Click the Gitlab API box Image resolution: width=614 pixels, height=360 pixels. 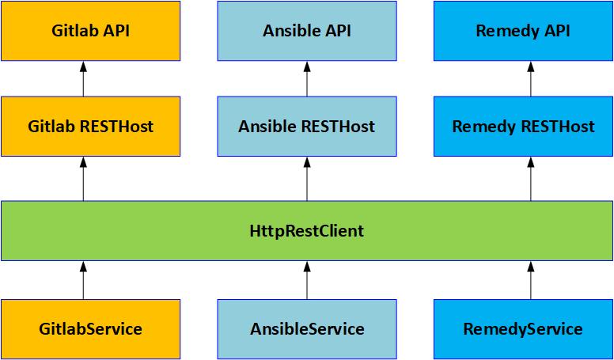pos(90,31)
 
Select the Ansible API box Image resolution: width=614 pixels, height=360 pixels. pos(307,31)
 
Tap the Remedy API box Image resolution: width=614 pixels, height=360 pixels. pos(524,31)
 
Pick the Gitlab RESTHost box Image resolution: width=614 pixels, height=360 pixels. pos(90,126)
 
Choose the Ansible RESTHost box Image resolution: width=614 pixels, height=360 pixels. pos(307,126)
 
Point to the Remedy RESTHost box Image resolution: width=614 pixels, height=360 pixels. pos(524,126)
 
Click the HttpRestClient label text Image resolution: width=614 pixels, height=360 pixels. pos(307,231)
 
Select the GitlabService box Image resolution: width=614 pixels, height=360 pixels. pos(90,329)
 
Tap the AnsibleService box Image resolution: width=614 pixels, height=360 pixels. pos(307,329)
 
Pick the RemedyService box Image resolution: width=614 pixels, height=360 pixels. pos(524,329)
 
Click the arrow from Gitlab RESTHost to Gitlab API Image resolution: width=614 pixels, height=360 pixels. pos(83,79)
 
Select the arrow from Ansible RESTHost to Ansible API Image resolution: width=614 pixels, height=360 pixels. pos(307,79)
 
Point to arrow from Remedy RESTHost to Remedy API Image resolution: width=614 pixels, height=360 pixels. pos(531,79)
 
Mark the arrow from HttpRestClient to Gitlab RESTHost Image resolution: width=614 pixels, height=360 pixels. pos(83,179)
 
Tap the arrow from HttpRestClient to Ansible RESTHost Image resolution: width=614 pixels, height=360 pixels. pos(307,179)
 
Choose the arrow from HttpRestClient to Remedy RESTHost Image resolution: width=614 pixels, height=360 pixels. pos(531,179)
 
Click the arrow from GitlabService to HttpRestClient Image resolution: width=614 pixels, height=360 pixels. pos(83,280)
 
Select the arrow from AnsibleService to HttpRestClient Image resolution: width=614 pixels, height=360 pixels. pos(307,280)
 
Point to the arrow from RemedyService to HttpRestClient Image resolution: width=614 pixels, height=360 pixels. pos(531,280)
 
